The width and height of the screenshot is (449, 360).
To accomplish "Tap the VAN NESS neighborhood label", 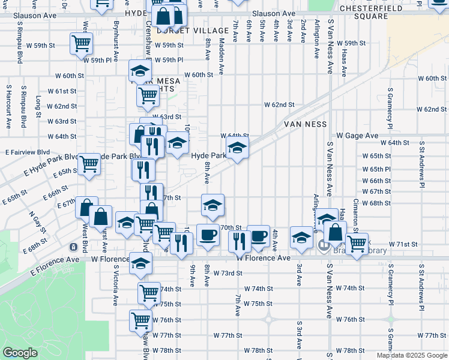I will [306, 124].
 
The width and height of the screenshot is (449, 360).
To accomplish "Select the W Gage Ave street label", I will [357, 136].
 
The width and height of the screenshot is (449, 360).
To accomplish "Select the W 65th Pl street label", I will [376, 169].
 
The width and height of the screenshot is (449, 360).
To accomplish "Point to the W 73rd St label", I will [228, 273].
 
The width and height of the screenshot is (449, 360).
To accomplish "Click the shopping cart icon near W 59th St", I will [81, 43].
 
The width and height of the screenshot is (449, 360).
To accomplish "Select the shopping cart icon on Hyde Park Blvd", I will [89, 163].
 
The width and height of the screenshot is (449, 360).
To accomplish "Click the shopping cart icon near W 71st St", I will [357, 243].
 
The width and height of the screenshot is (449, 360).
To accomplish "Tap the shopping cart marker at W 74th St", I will [148, 292].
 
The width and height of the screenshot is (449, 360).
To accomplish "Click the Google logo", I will [20, 353].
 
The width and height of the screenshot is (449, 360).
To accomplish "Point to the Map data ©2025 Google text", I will [411, 355].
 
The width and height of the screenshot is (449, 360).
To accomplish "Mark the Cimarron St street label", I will [356, 213].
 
